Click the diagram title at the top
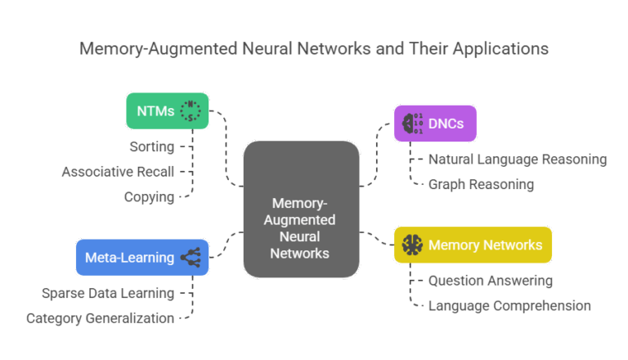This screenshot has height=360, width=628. pyautogui.click(x=314, y=48)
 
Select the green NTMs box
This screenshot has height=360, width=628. pyautogui.click(x=167, y=110)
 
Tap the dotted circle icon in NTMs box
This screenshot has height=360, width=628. pyautogui.click(x=190, y=110)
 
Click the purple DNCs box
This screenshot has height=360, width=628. pyautogui.click(x=434, y=123)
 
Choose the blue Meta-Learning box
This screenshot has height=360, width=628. pyautogui.click(x=141, y=257)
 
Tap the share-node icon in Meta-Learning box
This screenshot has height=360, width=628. pyautogui.click(x=192, y=257)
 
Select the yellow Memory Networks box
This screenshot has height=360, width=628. pyautogui.click(x=473, y=245)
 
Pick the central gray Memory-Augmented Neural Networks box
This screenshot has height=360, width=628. pyautogui.click(x=301, y=208)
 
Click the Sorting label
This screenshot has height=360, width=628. pyautogui.click(x=152, y=147)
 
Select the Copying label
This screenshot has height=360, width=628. pyautogui.click(x=149, y=196)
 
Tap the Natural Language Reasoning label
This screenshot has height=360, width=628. pyautogui.click(x=517, y=160)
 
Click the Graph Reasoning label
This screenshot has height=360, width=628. pyautogui.click(x=481, y=184)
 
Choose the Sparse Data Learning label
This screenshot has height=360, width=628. pyautogui.click(x=108, y=293)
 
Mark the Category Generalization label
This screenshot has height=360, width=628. pyautogui.click(x=100, y=318)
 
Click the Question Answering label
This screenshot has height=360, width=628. pyautogui.click(x=490, y=281)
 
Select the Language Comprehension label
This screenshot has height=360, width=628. pyautogui.click(x=509, y=306)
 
